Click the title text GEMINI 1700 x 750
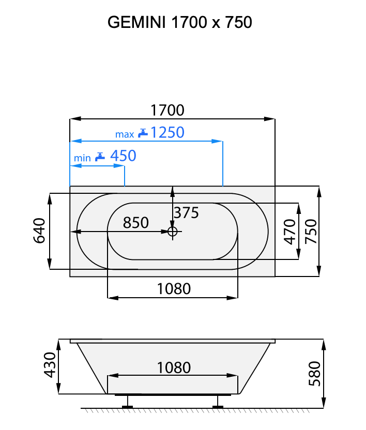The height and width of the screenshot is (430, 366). click(x=179, y=22)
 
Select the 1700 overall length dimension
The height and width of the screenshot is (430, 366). click(x=167, y=111)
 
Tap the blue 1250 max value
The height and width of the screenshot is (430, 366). click(x=167, y=133)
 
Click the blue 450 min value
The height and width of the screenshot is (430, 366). click(x=123, y=156)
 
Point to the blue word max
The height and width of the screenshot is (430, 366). click(x=125, y=134)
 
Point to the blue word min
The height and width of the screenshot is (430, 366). click(x=82, y=158)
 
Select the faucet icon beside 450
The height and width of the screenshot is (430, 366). click(x=100, y=156)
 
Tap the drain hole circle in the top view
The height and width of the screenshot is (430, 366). click(x=173, y=232)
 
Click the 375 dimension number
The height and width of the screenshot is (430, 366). click(x=186, y=212)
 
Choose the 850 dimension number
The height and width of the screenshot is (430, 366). click(x=135, y=223)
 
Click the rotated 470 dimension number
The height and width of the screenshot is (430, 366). click(x=290, y=231)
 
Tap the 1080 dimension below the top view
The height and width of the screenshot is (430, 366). click(x=174, y=288)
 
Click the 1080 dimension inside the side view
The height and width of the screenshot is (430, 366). click(x=174, y=367)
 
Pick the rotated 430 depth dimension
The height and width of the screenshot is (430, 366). click(x=50, y=365)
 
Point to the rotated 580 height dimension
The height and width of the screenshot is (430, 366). click(x=314, y=373)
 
